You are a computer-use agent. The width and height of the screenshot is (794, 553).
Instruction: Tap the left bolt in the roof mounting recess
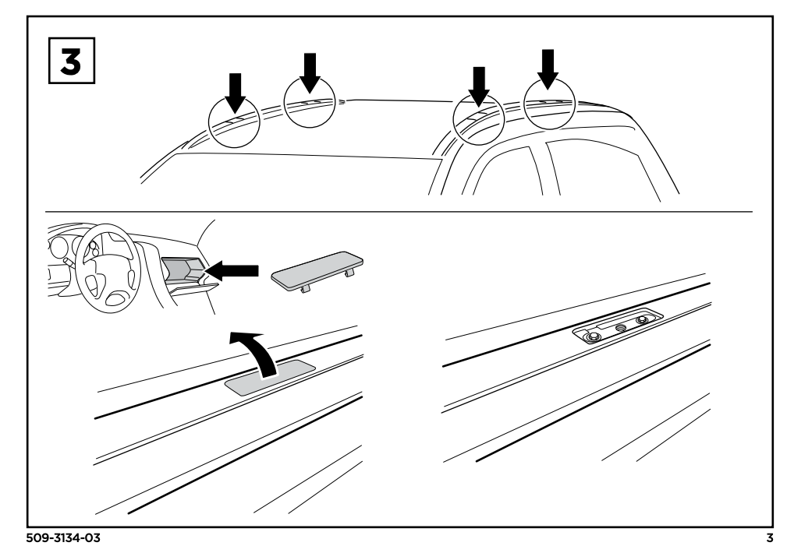coord(592,336)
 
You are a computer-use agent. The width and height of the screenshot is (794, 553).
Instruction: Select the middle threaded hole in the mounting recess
coord(620,327)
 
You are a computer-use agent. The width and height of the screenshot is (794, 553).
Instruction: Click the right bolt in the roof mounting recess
coord(644,319)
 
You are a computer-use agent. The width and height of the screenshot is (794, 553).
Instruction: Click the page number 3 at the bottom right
coord(770,538)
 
